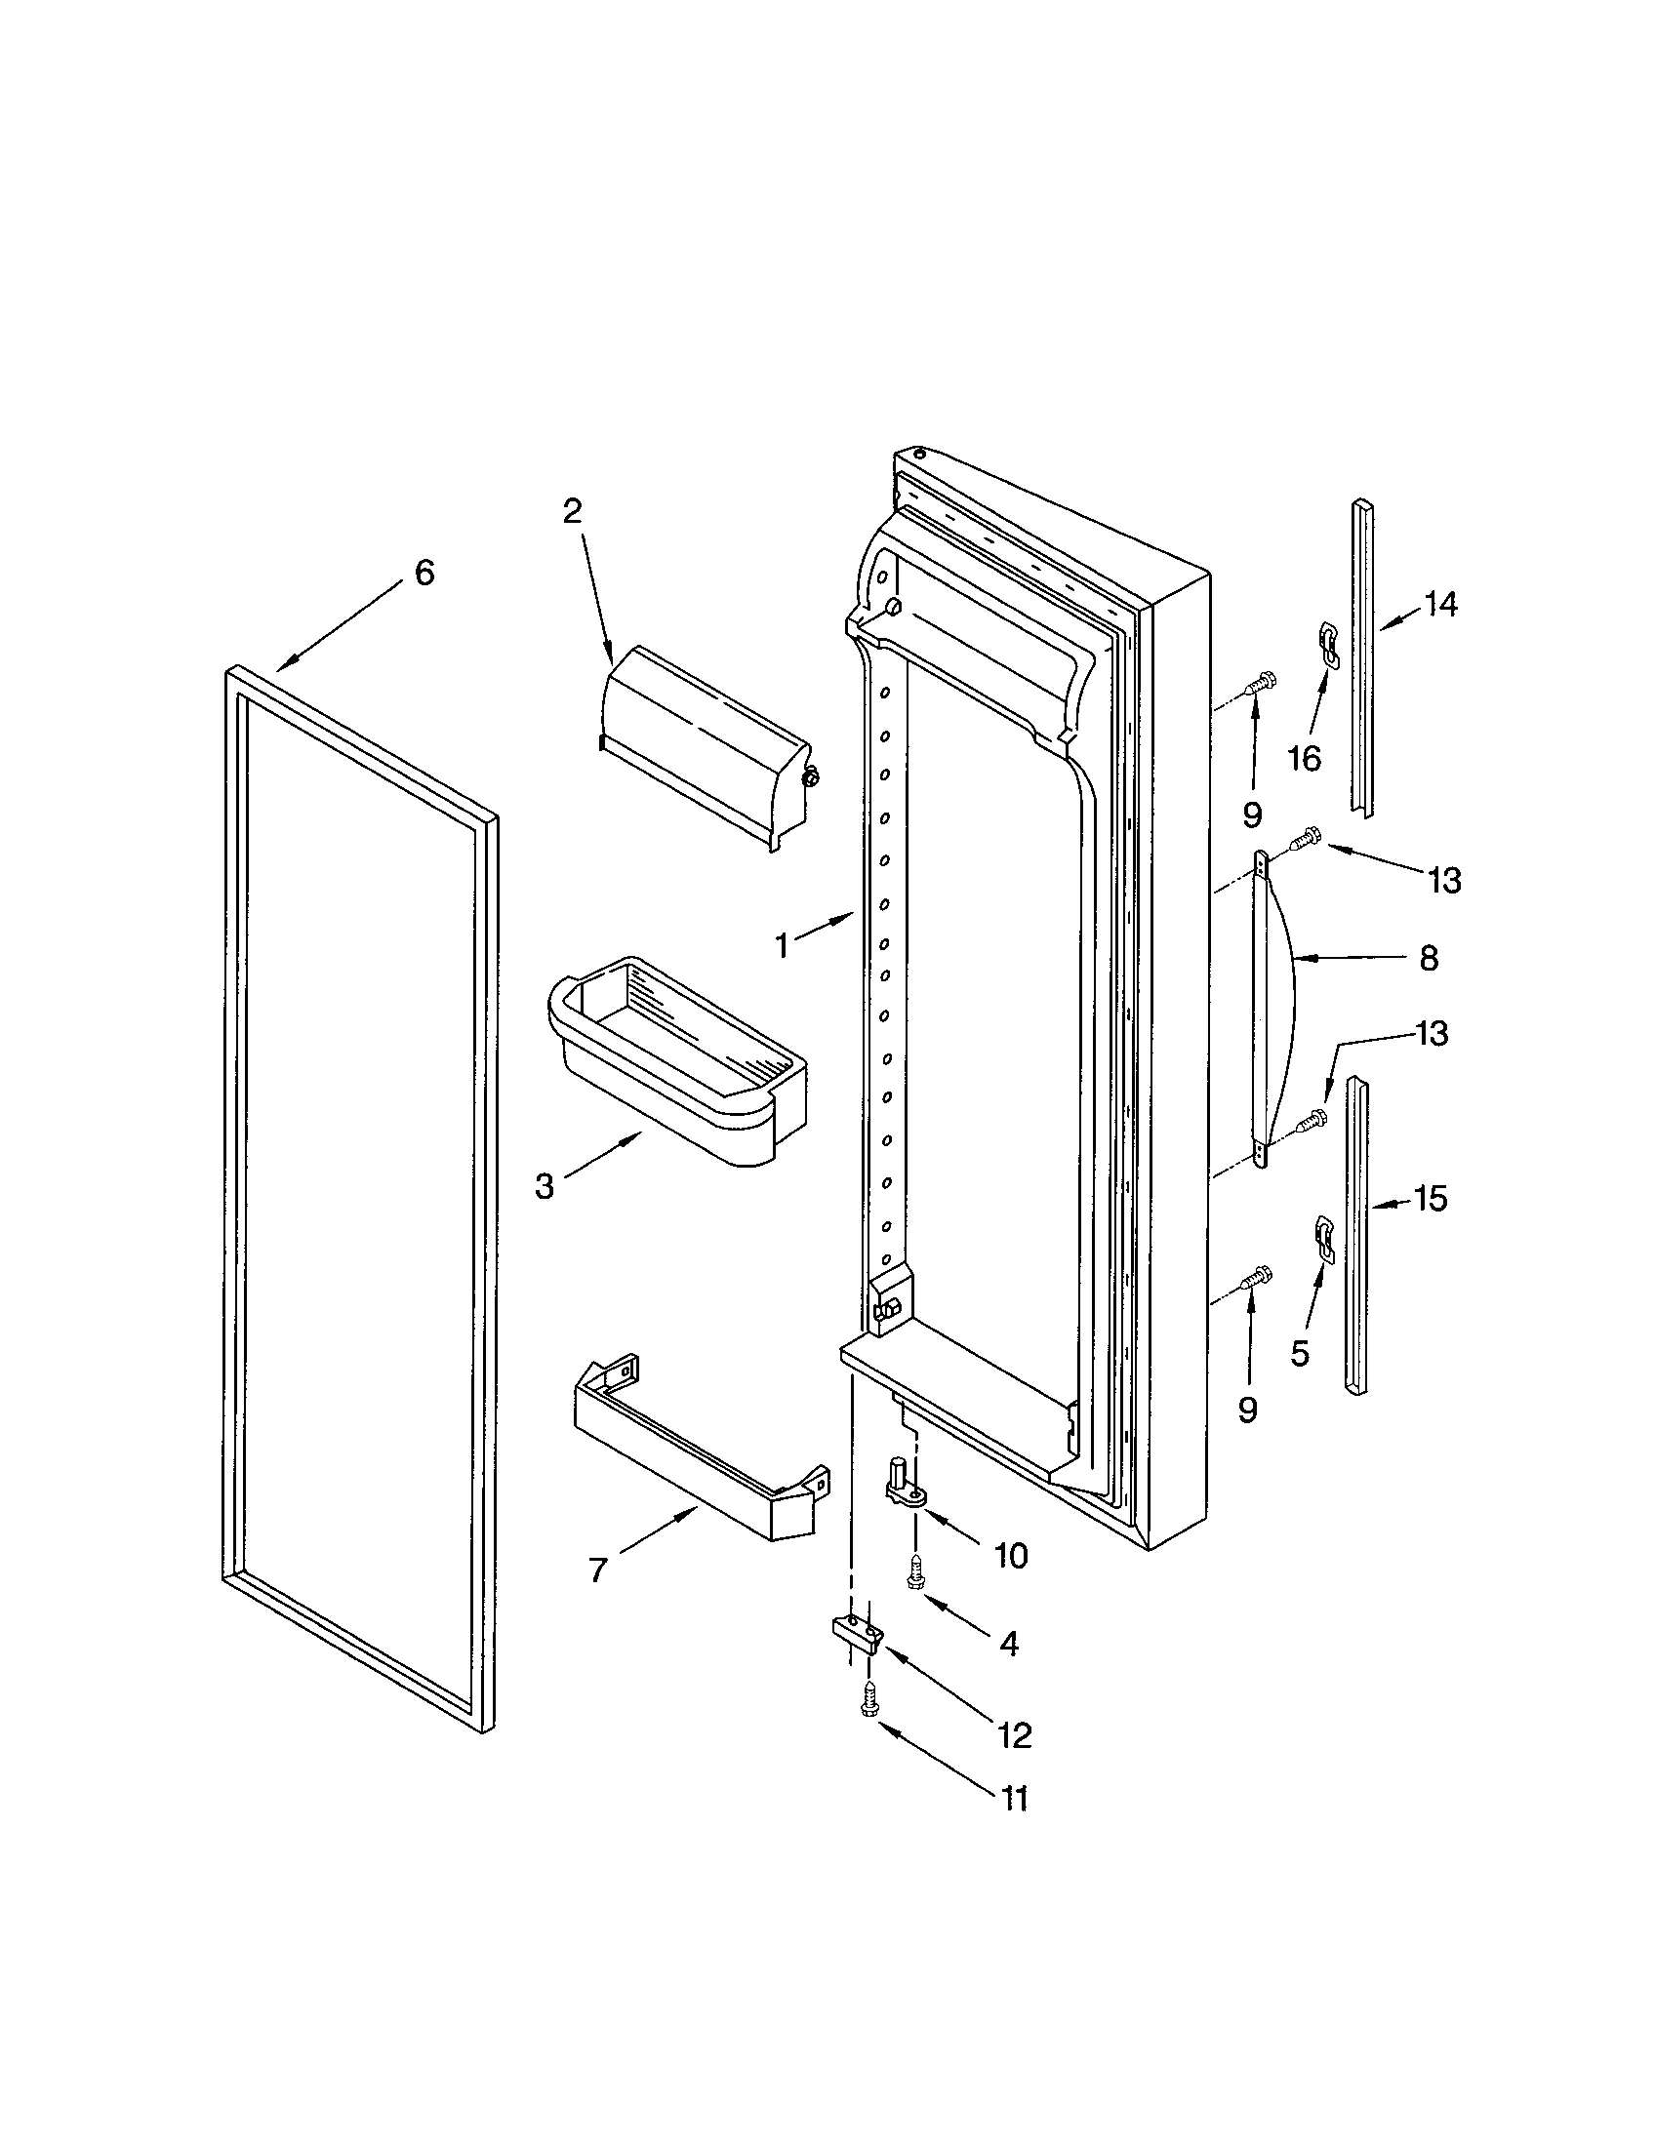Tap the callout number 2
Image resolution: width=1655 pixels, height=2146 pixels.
pos(572,510)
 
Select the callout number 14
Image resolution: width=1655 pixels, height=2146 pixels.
pos(1439,605)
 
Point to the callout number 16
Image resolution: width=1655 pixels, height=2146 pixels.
pos(1304,759)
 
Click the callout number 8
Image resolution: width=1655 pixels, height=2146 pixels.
pos(1428,957)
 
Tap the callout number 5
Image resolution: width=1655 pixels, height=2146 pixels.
pos(1299,1354)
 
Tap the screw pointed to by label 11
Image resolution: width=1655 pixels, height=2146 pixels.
pos(868,1700)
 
